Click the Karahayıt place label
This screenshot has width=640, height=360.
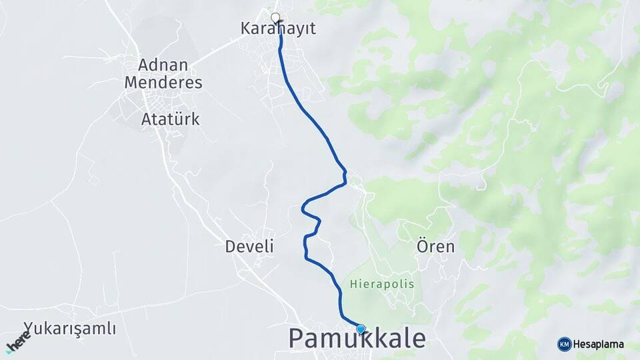pyautogui.click(x=277, y=29)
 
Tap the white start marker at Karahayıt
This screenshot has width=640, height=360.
pyautogui.click(x=275, y=17)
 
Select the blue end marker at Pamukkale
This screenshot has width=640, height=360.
pyautogui.click(x=361, y=329)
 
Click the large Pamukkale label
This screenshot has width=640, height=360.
pyautogui.click(x=357, y=339)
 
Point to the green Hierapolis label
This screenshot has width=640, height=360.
pyautogui.click(x=381, y=284)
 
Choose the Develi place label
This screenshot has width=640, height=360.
pyautogui.click(x=249, y=247)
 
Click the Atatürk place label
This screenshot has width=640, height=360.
pyautogui.click(x=171, y=119)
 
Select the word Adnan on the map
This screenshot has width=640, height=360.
pyautogui.click(x=163, y=65)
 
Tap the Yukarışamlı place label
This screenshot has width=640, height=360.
pyautogui.click(x=70, y=329)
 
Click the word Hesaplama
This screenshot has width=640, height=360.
pyautogui.click(x=599, y=344)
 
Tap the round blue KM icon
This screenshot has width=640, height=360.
pyautogui.click(x=564, y=344)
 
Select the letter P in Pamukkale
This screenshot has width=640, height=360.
pyautogui.click(x=297, y=339)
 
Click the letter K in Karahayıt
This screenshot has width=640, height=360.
pyautogui.click(x=245, y=29)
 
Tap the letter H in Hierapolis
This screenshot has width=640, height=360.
pyautogui.click(x=352, y=284)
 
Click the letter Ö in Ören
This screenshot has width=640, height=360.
pyautogui.click(x=423, y=246)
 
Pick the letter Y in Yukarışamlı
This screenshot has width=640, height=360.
pyautogui.click(x=28, y=329)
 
